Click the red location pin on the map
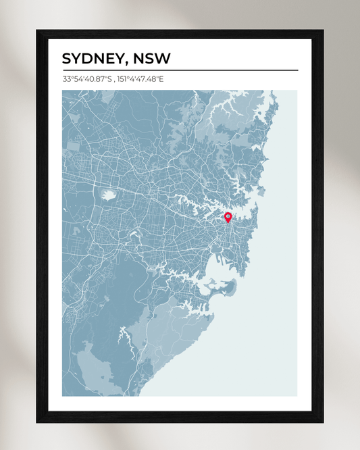pyautogui.click(x=228, y=217)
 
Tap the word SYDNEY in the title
pyautogui.click(x=91, y=58)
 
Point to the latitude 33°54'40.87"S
pyautogui.click(x=87, y=79)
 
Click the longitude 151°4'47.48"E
pyautogui.click(x=140, y=79)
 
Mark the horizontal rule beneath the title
pyautogui.click(x=180, y=70)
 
